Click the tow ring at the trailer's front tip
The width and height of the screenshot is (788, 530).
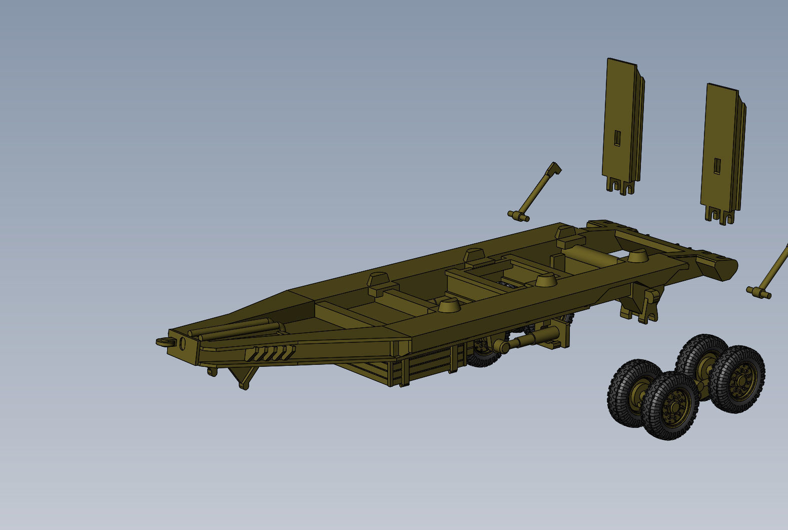pos(164,342)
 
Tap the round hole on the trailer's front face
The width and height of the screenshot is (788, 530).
pos(182,344)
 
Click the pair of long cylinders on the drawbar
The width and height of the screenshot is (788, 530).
pos(235,329)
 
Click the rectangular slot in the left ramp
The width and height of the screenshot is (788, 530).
pos(617,138)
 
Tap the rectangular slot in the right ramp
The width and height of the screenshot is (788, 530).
pos(717,166)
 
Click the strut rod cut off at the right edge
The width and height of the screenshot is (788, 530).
pos(770,270)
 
